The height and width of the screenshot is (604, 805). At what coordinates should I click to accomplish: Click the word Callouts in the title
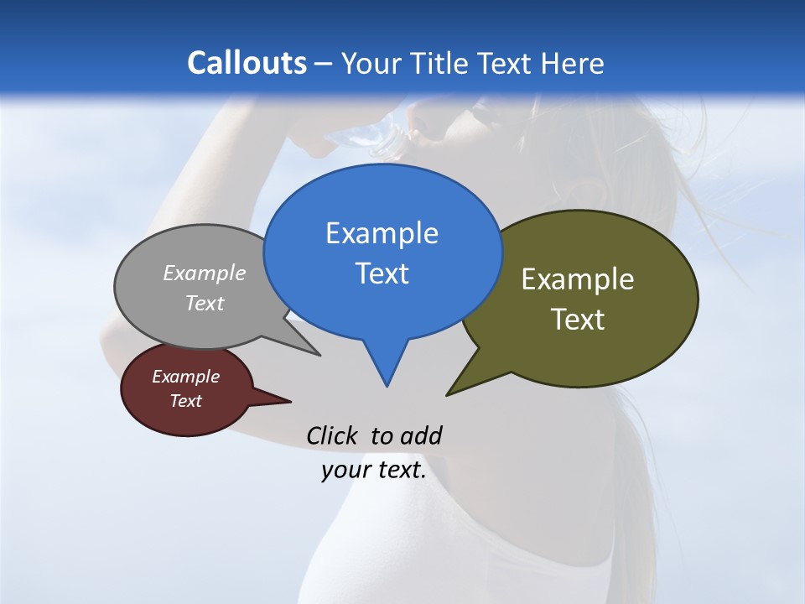pos(247,63)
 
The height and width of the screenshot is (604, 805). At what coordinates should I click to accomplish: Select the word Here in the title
pos(573,63)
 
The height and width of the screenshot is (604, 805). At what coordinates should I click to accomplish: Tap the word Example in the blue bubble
pos(382,233)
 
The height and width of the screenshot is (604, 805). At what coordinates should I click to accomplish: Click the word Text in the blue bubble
pos(382,273)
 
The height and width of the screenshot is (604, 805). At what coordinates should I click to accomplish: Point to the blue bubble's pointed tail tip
pos(387,386)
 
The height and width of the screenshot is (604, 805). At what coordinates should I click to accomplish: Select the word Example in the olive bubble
pos(578,279)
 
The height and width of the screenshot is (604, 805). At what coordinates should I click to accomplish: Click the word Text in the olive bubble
pos(578,320)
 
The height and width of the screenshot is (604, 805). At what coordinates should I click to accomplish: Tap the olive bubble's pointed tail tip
pos(447,395)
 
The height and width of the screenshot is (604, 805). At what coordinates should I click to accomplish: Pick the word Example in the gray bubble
pos(205,273)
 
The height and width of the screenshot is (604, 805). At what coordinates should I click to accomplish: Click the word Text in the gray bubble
pos(205,303)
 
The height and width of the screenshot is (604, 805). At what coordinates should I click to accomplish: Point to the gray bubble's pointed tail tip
pos(319,355)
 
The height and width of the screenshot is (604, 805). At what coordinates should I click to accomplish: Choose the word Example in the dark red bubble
pos(185,377)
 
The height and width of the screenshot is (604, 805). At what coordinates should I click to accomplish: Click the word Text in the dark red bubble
pos(185,401)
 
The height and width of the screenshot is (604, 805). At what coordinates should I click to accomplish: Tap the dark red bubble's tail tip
pos(290,401)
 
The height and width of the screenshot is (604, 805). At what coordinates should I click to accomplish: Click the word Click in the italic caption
pos(333,435)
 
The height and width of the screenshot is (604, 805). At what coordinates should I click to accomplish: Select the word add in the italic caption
pos(421,435)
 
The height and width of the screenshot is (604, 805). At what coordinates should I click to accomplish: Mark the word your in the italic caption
pos(345,470)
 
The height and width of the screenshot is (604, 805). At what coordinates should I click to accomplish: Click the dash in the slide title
pos(324,64)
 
